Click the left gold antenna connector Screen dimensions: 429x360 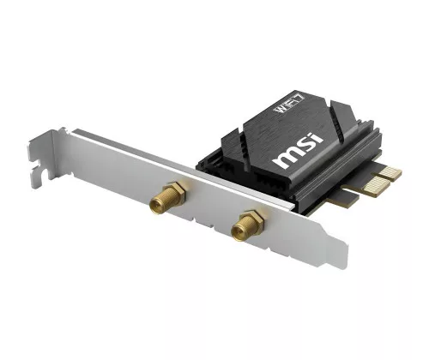point(167,197)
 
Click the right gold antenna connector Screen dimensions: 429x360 point(248,224)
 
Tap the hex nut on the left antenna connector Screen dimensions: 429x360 point(174,191)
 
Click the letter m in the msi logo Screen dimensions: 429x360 point(286,159)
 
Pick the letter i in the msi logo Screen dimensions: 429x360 point(317,138)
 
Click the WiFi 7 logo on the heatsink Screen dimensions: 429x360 point(289,105)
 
